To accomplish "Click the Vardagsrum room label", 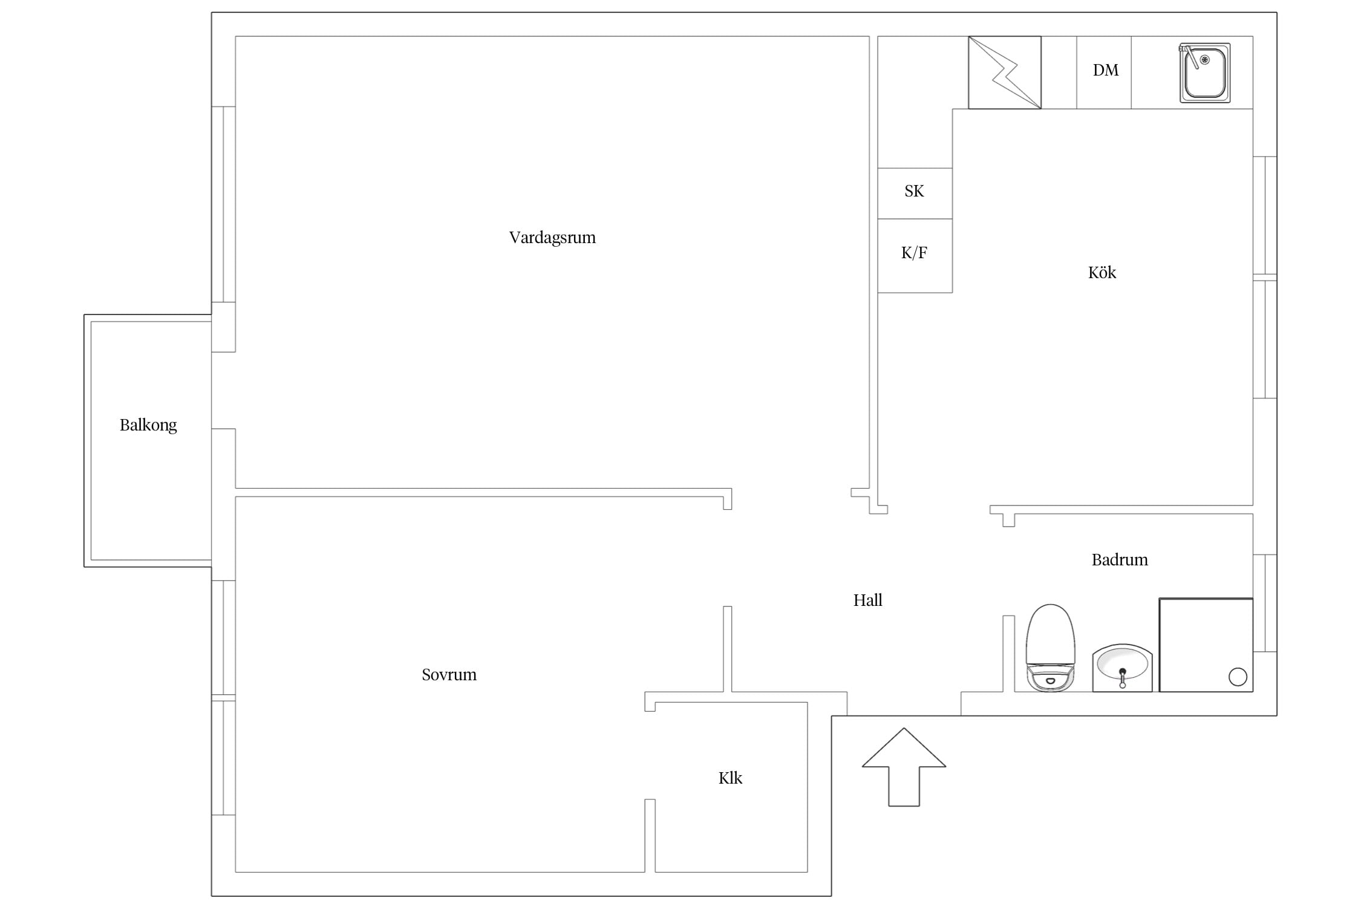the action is click(x=552, y=238).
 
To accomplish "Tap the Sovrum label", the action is click(x=449, y=674).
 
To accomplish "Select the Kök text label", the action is click(x=1102, y=273).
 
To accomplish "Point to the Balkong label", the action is click(x=148, y=425).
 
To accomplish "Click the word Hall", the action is click(x=868, y=600).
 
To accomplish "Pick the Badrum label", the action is click(x=1120, y=560).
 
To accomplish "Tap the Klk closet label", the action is click(x=730, y=778).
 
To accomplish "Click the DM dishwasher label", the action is click(x=1106, y=70).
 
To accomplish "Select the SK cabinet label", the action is click(x=914, y=191).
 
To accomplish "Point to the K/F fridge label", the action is click(x=914, y=253).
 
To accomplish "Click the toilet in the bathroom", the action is click(x=1051, y=648).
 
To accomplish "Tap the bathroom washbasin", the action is click(x=1122, y=668).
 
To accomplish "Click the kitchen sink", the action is click(x=1205, y=73).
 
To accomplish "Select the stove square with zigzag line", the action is click(x=1005, y=73).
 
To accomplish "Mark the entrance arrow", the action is click(x=904, y=767).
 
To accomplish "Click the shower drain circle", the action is click(x=1238, y=677).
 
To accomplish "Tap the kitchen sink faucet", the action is click(x=1189, y=56).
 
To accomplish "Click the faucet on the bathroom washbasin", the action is click(x=1123, y=678).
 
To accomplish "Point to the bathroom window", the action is click(x=1265, y=603).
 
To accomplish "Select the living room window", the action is click(x=223, y=204).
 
